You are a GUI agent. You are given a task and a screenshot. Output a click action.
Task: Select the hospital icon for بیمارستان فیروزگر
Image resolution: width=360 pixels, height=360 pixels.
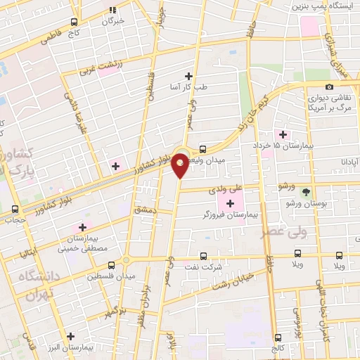point(231,202)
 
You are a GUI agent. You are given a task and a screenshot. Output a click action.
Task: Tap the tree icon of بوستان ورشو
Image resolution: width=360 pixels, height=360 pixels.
point(305,192)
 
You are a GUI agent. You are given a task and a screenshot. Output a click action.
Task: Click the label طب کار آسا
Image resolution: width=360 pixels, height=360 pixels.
point(190,87)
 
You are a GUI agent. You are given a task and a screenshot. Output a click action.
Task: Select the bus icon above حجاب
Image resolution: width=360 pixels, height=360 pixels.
point(15,209)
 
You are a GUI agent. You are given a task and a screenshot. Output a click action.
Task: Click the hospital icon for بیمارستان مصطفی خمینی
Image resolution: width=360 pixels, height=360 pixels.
point(82,227)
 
